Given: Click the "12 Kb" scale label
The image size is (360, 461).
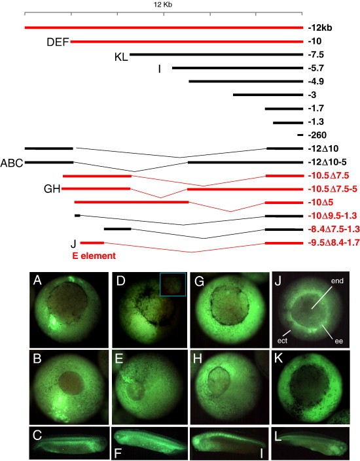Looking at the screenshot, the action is (x=163, y=5).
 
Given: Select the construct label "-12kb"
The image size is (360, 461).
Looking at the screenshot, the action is (x=320, y=28).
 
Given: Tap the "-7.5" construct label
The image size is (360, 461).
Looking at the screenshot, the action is (x=316, y=55).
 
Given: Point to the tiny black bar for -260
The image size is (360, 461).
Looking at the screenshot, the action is (x=300, y=135).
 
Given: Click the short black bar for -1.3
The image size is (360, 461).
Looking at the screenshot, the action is (x=288, y=122).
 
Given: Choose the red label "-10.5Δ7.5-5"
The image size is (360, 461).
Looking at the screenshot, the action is (x=333, y=189).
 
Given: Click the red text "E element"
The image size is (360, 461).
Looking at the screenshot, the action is (x=94, y=256).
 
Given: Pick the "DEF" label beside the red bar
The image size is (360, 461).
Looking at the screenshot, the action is (x=58, y=42).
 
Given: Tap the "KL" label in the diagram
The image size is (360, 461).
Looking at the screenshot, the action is (x=121, y=57).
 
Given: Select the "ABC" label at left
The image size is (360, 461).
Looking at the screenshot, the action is (x=12, y=163).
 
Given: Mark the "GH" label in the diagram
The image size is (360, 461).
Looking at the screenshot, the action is (x=52, y=189).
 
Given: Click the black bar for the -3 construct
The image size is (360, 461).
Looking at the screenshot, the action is (x=268, y=95).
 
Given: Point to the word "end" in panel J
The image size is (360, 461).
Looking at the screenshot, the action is (x=337, y=281).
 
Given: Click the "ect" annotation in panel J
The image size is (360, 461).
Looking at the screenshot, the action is (x=282, y=341).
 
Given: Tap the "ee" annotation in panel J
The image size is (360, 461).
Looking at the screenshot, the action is (x=339, y=341).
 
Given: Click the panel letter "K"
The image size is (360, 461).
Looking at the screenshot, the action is (x=278, y=359).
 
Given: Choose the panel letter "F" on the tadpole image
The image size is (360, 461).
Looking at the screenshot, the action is (x=118, y=453).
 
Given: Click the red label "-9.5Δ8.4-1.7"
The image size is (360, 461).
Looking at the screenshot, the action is (x=334, y=243).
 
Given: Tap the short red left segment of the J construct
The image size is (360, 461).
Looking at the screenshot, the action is (x=92, y=243).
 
